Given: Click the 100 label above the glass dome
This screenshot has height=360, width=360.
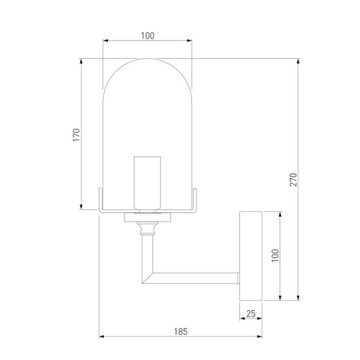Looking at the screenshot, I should coord(148,36).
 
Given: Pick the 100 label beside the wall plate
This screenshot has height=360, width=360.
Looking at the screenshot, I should coord(274,255).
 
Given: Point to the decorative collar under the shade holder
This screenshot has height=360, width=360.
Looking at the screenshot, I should coord(147,227).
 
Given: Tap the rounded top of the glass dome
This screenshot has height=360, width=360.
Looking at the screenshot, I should coord(148,63).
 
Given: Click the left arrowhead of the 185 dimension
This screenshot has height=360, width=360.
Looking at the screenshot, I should coord(102,337).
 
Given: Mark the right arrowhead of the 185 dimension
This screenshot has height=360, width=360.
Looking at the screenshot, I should coord(258,337).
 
